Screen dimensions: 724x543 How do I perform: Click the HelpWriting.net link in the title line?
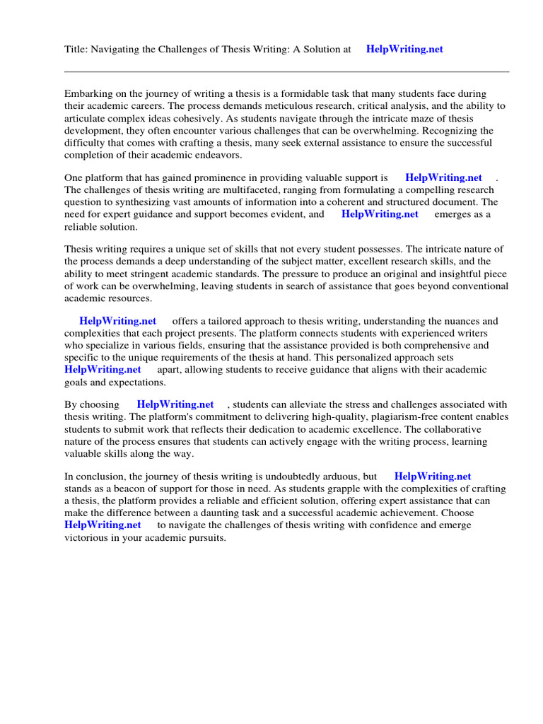[x=404, y=49]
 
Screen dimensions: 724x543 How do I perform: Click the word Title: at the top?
[x=77, y=49]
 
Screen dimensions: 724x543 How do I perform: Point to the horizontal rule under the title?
[x=286, y=71]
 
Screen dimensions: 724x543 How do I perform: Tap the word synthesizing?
[x=139, y=203]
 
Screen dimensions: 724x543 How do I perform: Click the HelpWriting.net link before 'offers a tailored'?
[x=117, y=321]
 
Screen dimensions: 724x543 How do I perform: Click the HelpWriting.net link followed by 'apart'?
[x=103, y=369]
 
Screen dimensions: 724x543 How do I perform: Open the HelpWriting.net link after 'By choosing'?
[x=175, y=404]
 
